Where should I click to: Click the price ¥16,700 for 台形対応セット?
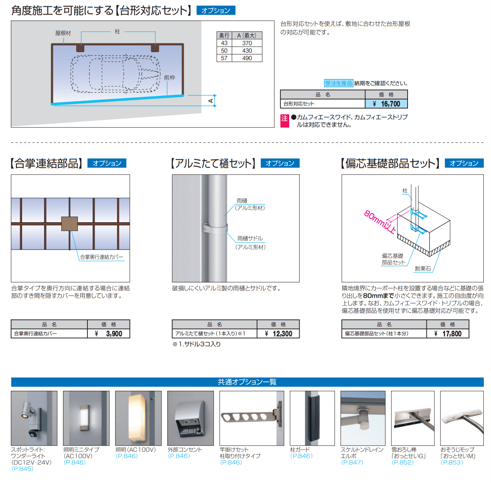pos(386,104)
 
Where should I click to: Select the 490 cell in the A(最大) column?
pos(247,58)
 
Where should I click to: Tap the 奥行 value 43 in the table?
pos(224,43)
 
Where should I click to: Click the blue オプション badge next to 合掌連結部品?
pos(107,163)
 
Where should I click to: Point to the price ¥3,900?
pos(109,334)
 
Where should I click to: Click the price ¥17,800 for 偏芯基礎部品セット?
pos(448,334)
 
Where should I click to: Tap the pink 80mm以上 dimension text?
pos(379,222)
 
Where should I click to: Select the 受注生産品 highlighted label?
pos(339,83)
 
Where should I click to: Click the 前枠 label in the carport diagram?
pos(169,77)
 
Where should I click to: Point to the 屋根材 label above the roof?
pos(63,33)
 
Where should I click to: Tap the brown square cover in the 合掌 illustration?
pos(69,223)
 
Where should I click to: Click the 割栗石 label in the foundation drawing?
pos(423,269)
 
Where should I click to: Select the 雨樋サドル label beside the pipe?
pos(250,238)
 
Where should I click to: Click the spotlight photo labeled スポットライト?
pos(34,418)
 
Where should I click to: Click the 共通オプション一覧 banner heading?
pos(247,382)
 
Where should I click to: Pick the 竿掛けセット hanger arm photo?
pos(252,418)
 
